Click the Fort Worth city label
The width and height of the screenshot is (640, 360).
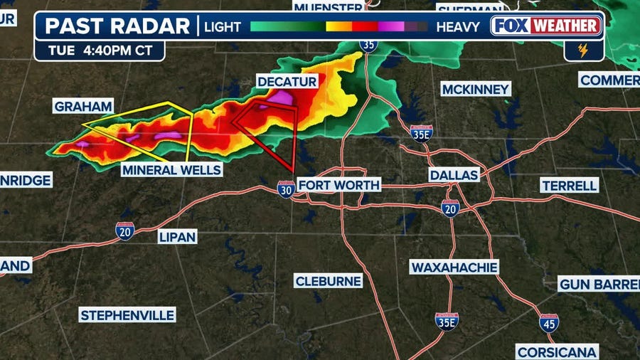[x=338, y=185]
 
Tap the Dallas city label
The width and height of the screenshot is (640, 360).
[x=454, y=175]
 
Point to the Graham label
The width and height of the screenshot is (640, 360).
[x=83, y=107]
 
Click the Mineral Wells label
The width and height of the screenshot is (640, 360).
[x=171, y=170]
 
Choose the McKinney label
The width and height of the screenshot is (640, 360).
[x=476, y=89]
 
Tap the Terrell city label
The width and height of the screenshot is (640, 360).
[x=570, y=186]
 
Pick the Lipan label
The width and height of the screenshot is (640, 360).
[x=177, y=237]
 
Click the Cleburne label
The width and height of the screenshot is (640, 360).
[x=329, y=281]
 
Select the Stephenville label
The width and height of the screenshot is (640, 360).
[x=127, y=315]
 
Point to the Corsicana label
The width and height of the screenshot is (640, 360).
[x=558, y=352]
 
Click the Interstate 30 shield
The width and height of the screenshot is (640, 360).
[x=286, y=189]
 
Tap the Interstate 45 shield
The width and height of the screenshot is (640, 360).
[x=549, y=324]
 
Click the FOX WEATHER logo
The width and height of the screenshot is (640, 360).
[x=547, y=27]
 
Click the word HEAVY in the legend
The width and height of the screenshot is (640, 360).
[x=459, y=27]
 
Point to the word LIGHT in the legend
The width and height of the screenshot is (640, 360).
[x=223, y=27]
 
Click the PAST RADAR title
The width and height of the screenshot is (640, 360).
[x=117, y=26]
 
